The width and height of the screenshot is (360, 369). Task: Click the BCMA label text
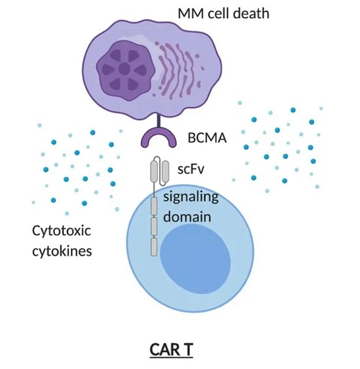pyautogui.click(x=207, y=138)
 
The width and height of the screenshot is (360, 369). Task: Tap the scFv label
pyautogui.click(x=191, y=169)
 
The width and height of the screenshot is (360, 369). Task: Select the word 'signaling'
pyautogui.click(x=191, y=198)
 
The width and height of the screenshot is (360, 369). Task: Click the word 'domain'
pyautogui.click(x=187, y=217)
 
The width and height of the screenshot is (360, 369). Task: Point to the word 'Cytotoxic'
pyautogui.click(x=61, y=232)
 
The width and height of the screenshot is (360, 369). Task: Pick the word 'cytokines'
pyautogui.click(x=62, y=251)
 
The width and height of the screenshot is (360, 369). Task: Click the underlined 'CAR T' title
pyautogui.click(x=171, y=350)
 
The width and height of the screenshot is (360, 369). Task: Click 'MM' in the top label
pyautogui.click(x=192, y=14)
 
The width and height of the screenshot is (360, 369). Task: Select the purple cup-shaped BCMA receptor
pyautogui.click(x=158, y=138)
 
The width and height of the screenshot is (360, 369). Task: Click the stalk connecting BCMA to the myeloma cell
pyautogui.click(x=158, y=122)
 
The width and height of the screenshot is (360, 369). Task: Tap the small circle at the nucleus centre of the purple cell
pyautogui.click(x=125, y=69)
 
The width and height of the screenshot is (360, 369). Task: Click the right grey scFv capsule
pyautogui.click(x=166, y=171)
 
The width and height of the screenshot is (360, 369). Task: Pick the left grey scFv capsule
pyautogui.click(x=154, y=171)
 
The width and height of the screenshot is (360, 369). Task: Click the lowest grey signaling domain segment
pyautogui.click(x=154, y=247)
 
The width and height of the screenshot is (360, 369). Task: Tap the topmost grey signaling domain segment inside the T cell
pyautogui.click(x=154, y=206)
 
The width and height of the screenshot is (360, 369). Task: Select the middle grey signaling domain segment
pyautogui.click(x=154, y=227)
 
